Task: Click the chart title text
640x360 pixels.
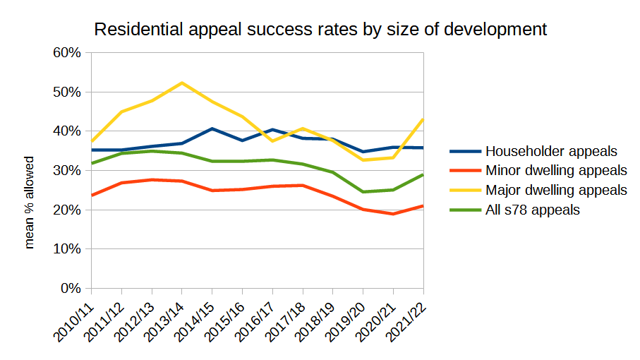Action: (x=320, y=30)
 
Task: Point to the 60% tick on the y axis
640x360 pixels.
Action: (x=68, y=53)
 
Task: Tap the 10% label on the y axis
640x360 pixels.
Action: (x=68, y=249)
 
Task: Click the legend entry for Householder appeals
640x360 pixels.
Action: (x=551, y=151)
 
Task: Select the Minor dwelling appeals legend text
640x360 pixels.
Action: (x=556, y=170)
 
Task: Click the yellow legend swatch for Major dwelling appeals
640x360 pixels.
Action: (x=464, y=190)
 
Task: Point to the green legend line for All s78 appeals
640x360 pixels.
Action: (x=464, y=210)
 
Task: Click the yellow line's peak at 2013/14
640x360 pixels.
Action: (x=182, y=83)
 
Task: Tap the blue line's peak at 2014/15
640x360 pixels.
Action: (x=212, y=128)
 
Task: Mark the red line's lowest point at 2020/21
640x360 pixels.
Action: (x=393, y=214)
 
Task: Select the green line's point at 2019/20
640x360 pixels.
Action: (x=363, y=192)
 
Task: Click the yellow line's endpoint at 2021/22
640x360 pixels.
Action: (x=423, y=119)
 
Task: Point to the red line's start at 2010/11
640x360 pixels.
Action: (x=91, y=196)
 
